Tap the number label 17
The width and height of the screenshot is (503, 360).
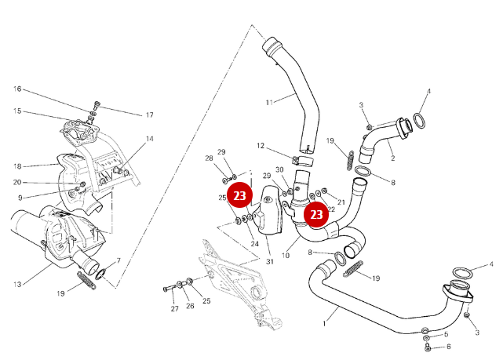click(149, 115)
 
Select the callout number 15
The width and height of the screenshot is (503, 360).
click(16, 111)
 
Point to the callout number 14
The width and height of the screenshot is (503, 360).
click(149, 139)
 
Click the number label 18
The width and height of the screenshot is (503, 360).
click(16, 166)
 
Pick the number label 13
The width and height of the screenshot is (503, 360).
click(16, 283)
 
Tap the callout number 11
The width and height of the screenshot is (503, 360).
click(269, 102)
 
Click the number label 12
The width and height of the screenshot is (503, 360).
click(261, 145)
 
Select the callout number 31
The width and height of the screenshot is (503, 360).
click(269, 261)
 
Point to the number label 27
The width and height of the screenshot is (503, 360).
click(175, 309)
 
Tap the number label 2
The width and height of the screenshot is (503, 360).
click(392, 158)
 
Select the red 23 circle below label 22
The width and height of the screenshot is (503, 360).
click(316, 213)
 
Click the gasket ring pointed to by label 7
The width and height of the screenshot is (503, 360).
click(103, 274)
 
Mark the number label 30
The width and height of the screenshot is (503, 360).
click(279, 169)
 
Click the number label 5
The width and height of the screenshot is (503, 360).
click(447, 334)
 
